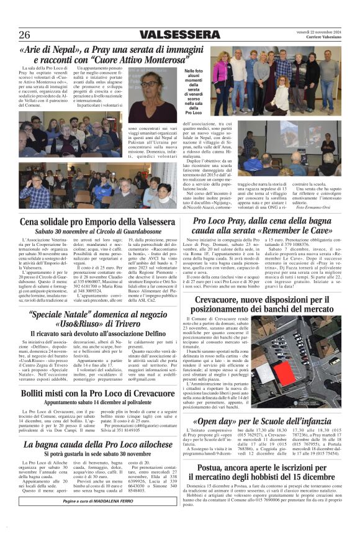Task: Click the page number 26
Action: (24, 34)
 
